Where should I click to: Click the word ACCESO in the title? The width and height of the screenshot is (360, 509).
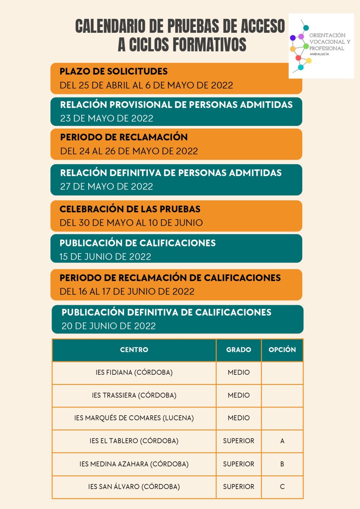[263, 26]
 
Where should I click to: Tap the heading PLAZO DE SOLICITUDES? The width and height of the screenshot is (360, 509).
[114, 71]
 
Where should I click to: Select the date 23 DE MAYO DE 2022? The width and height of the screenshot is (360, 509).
[107, 118]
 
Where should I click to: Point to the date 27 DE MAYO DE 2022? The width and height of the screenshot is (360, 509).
[107, 186]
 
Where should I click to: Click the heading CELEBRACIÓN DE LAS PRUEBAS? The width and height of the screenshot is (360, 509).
[130, 209]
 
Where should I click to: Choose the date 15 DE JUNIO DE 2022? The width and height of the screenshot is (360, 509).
[105, 257]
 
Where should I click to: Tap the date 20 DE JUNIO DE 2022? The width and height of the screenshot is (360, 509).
[109, 326]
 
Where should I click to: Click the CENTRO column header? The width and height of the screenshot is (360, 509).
[134, 350]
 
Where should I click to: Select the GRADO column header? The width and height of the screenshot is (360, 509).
[239, 350]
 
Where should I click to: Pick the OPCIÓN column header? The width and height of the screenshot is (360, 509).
[282, 350]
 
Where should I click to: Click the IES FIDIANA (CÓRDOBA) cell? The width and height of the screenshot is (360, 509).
[134, 373]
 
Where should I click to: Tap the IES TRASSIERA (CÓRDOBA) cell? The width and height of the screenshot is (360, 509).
[134, 395]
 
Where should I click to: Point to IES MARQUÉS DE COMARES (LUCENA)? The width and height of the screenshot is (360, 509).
[134, 418]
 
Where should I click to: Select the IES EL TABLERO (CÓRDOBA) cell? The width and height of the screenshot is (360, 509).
[134, 441]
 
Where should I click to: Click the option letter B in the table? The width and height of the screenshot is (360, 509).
[282, 464]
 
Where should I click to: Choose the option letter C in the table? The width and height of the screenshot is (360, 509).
[282, 487]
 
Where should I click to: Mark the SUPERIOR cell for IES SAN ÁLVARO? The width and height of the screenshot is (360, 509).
[239, 487]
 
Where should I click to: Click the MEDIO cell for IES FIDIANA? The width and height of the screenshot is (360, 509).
[239, 373]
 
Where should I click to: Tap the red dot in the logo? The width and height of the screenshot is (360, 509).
[298, 58]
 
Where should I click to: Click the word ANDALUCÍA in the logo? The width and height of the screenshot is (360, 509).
[319, 54]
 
